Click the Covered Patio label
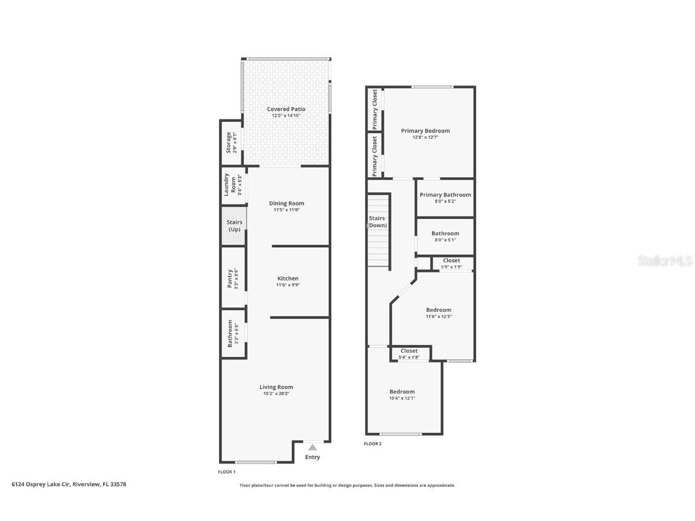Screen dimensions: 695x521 (286, 109)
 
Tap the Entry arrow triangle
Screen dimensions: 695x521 (313, 447)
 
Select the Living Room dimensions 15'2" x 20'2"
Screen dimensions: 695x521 (276, 393)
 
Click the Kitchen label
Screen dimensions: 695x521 (288, 278)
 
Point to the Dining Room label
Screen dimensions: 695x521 (287, 203)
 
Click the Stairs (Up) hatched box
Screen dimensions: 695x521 (234, 226)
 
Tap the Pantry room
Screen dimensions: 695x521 (233, 278)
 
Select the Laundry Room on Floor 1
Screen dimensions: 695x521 (233, 186)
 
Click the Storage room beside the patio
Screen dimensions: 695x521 (231, 142)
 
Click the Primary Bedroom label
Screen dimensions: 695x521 (425, 131)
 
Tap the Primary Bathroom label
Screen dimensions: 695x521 (445, 195)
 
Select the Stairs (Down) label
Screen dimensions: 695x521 (377, 221)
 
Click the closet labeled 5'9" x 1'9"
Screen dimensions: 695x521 (452, 263)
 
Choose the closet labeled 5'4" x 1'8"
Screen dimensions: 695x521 (409, 353)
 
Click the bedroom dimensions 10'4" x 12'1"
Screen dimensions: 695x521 (402, 398)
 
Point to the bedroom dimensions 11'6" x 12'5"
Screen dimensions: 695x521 (439, 317)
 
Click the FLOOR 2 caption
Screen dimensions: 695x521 (373, 443)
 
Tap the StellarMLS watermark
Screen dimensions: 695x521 (665, 260)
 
